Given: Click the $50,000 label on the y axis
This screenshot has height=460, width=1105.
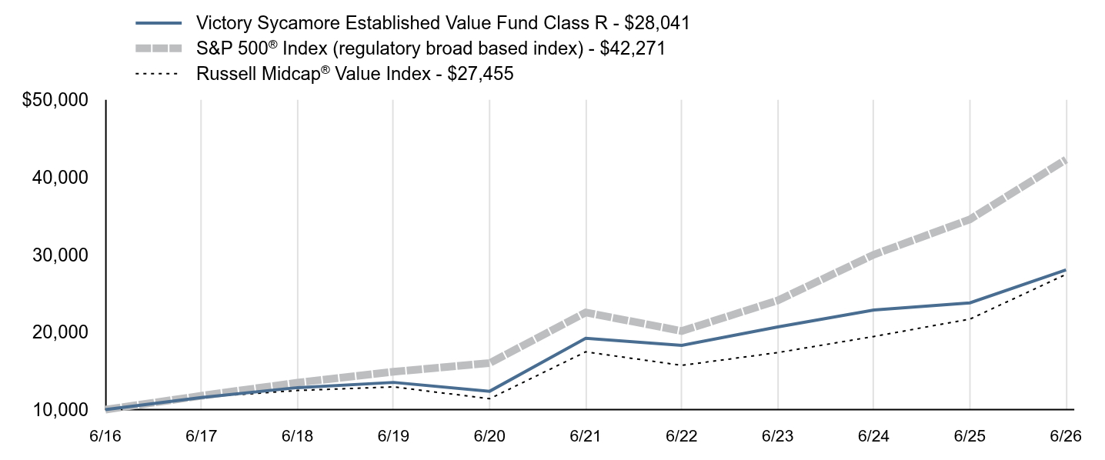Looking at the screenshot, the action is (x=55, y=100).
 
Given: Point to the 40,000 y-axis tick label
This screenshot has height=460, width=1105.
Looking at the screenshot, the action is (x=60, y=178).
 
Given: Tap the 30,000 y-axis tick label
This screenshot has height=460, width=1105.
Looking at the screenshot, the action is (x=60, y=255).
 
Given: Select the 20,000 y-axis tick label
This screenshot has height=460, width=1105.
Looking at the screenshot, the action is (x=60, y=332).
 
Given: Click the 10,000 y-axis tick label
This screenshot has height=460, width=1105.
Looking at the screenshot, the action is (x=60, y=410).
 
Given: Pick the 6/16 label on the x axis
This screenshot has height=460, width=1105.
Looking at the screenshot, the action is (x=105, y=436).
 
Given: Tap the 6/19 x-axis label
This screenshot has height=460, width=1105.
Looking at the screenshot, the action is (x=393, y=436).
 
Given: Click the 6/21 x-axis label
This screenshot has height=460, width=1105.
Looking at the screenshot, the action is (x=586, y=436).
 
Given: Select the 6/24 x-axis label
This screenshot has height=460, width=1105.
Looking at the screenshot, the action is (x=873, y=436).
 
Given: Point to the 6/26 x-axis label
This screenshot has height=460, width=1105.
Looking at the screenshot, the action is (x=1066, y=436).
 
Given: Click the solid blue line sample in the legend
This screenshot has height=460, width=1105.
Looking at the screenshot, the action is (x=159, y=23).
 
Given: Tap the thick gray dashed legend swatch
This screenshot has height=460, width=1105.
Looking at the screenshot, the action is (x=159, y=48).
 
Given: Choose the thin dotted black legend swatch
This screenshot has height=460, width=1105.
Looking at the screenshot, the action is (x=156, y=74).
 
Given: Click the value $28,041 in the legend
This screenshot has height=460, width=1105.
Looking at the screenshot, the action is (x=657, y=23).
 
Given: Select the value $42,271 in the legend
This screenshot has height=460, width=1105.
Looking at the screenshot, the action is (x=633, y=48).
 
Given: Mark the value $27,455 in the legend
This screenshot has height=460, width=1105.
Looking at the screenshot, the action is (x=480, y=74).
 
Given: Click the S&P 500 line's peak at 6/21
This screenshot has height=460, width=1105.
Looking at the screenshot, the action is (x=586, y=312).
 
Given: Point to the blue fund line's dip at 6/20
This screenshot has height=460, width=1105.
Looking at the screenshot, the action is (x=489, y=392).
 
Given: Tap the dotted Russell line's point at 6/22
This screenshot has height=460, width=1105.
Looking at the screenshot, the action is (x=682, y=365).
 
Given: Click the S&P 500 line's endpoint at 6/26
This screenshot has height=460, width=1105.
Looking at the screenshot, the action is (x=1066, y=161).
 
